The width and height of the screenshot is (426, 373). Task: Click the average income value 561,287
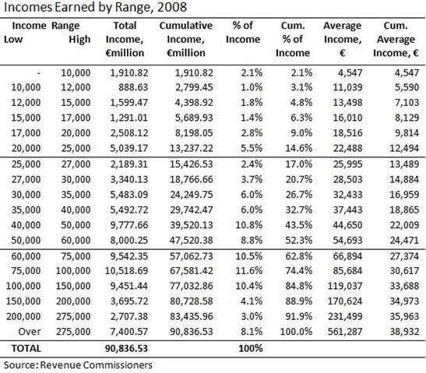point(340,329)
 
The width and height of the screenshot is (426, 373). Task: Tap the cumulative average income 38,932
point(400,329)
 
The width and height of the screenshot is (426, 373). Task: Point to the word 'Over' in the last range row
point(30,329)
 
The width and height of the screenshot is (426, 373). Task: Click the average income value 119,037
point(340,284)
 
